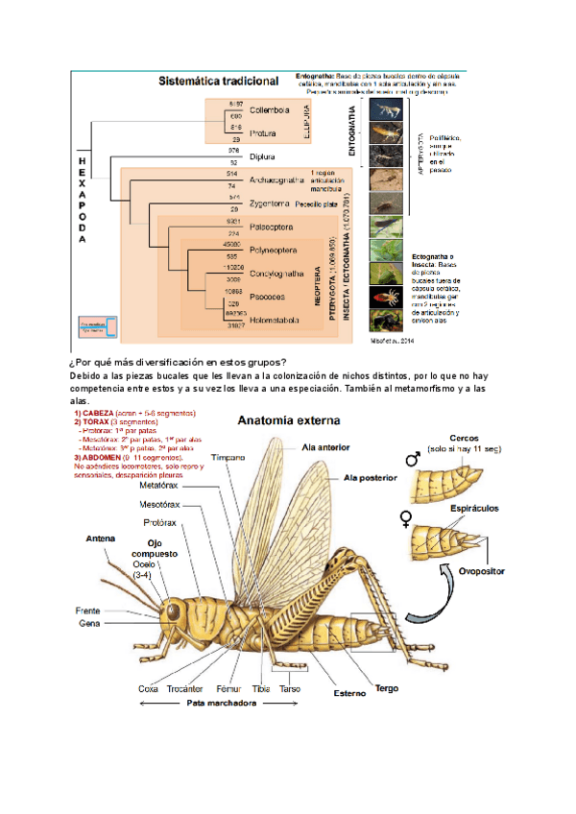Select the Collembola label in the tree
click(268, 108)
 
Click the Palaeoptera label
click(274, 227)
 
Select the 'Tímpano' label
click(229, 458)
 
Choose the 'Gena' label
click(89, 623)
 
